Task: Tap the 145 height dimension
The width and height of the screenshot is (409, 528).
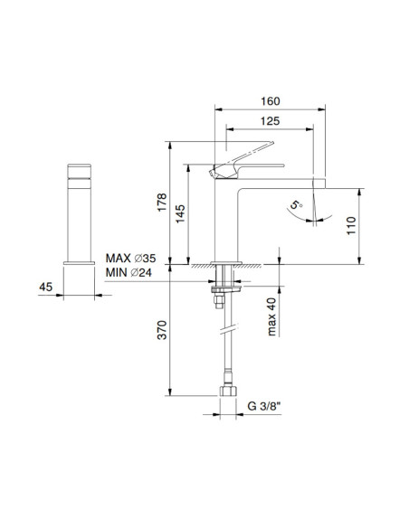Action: (180, 213)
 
